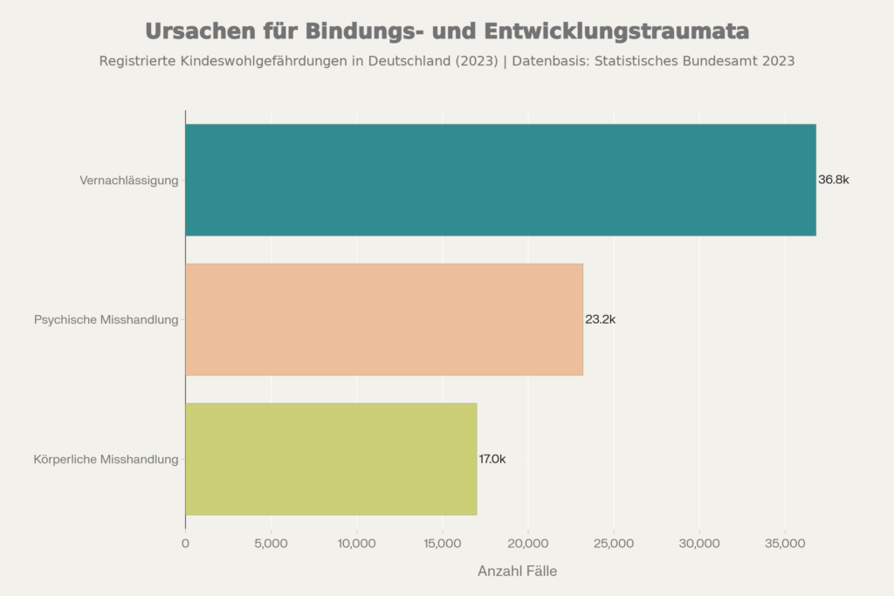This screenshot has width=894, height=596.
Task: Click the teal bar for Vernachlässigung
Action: point(500,180)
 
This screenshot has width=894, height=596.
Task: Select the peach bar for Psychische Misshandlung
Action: point(384,319)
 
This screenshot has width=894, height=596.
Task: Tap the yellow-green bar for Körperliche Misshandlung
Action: point(331,459)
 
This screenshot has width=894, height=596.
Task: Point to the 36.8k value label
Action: point(834,180)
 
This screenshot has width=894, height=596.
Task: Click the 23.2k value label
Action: point(601,319)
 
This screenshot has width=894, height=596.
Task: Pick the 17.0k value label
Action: point(492,459)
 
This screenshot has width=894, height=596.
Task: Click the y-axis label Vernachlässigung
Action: point(128,181)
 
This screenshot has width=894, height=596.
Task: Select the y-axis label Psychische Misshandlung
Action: point(106,319)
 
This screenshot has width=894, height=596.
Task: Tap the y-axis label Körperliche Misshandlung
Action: point(106,459)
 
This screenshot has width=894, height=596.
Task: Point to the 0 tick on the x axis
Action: point(185,544)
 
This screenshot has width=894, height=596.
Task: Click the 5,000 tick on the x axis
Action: point(271,544)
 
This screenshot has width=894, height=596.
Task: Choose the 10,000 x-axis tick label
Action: point(356,544)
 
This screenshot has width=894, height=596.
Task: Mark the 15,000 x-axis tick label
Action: point(442,544)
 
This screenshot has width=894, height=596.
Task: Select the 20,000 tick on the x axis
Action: point(527,544)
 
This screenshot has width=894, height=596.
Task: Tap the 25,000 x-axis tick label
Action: point(613,544)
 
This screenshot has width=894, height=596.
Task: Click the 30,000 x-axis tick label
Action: point(699,544)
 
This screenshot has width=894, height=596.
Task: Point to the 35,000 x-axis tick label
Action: point(785,544)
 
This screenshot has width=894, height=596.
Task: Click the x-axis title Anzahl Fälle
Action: point(517,572)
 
